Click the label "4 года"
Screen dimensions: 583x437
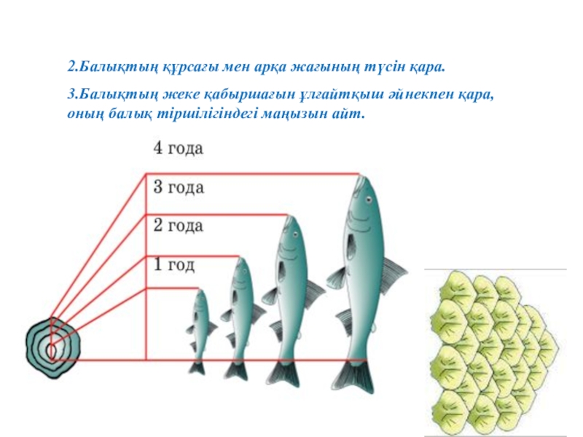[x=178, y=149]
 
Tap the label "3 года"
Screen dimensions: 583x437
[x=178, y=187]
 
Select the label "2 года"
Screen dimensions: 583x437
[x=178, y=226]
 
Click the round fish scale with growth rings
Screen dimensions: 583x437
[x=52, y=345]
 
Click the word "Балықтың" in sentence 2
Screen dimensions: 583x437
[x=109, y=67]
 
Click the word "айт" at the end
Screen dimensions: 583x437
[x=350, y=114]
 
